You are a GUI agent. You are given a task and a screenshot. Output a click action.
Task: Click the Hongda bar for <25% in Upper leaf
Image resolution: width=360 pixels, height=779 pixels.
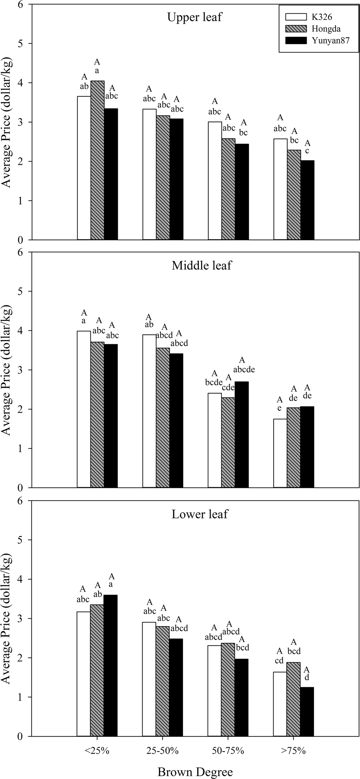point(97,160)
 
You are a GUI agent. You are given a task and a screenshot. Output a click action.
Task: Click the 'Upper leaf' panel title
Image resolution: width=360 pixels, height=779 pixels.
point(194,17)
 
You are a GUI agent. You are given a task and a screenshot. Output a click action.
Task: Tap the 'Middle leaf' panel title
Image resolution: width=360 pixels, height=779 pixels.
point(201,265)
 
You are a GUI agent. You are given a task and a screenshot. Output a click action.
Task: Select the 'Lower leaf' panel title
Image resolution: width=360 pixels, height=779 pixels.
point(200,514)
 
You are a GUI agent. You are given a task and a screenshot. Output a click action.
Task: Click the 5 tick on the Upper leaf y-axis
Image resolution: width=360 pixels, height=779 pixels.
point(20,44)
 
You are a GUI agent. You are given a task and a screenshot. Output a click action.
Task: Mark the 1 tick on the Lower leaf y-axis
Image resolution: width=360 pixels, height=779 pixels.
point(20,697)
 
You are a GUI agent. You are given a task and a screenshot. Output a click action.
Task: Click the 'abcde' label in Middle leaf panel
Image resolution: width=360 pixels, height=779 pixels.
point(242,369)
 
